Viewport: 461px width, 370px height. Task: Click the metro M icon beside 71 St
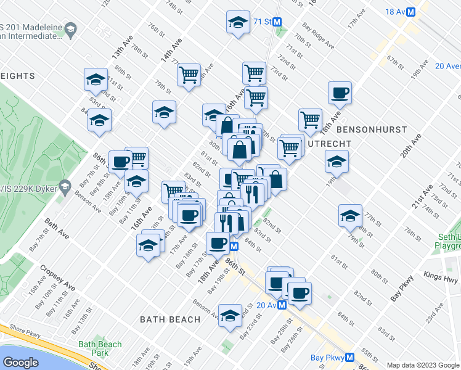[x=277, y=22]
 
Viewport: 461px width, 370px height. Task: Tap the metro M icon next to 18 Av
[x=425, y=12]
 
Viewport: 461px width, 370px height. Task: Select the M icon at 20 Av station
[x=281, y=305]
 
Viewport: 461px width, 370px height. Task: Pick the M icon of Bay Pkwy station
[x=349, y=357]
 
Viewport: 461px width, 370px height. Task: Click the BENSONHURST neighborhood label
[x=372, y=129]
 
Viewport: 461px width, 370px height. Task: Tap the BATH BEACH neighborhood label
[x=170, y=319]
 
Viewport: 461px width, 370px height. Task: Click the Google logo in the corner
[x=20, y=363]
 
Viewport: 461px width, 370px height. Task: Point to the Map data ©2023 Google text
[x=423, y=365]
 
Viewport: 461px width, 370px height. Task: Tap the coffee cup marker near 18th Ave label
[x=339, y=93]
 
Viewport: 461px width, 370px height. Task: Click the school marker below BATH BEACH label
[x=230, y=316]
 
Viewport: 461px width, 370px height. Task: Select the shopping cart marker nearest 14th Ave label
[x=189, y=75]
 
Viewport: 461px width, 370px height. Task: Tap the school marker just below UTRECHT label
[x=337, y=162]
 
